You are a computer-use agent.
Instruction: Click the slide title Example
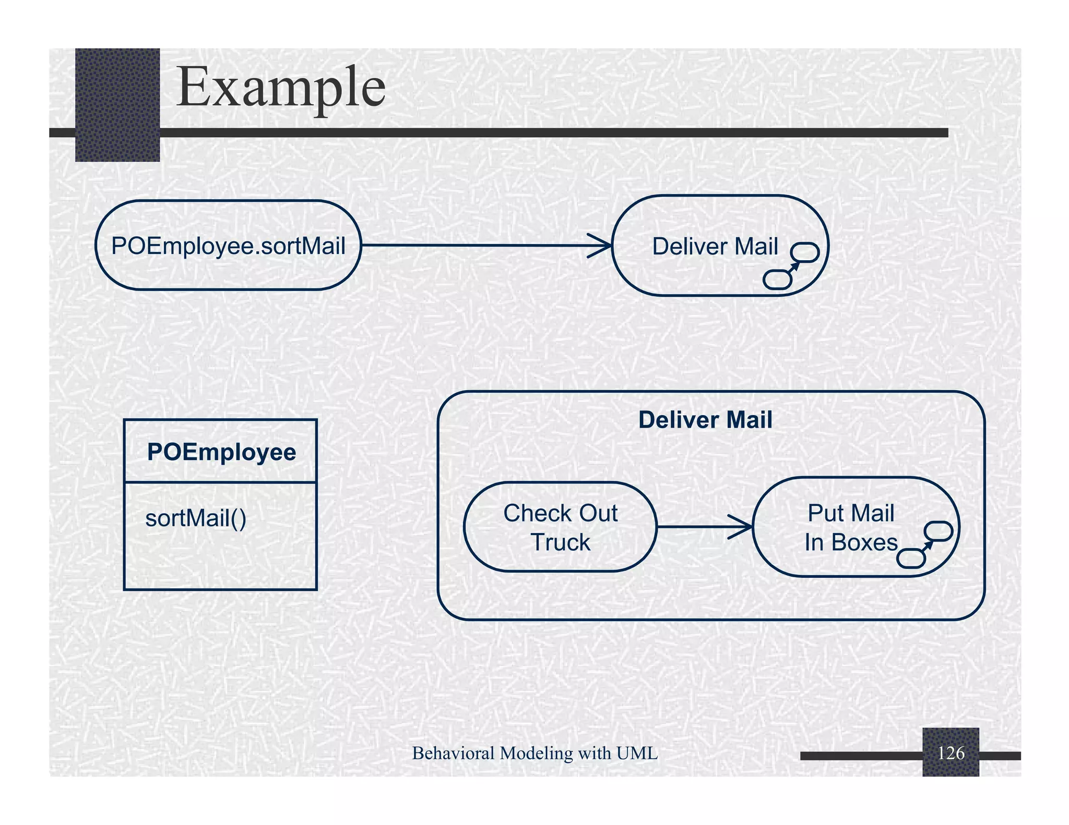(281, 87)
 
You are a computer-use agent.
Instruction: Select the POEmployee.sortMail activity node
(228, 245)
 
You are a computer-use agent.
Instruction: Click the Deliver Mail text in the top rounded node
(715, 246)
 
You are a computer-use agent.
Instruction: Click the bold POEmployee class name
(221, 452)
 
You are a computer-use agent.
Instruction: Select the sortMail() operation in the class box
(196, 518)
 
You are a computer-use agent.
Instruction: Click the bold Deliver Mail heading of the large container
(705, 420)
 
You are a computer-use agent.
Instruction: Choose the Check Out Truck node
(560, 527)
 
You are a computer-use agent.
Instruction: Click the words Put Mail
(851, 513)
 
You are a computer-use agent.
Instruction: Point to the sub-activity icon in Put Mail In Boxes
(924, 544)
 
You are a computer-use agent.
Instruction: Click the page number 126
(951, 753)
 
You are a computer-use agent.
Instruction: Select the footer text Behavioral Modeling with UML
(534, 753)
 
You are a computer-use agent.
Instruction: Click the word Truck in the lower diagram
(560, 542)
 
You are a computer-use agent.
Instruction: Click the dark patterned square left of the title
(117, 104)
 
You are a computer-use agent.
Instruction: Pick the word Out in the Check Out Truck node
(598, 513)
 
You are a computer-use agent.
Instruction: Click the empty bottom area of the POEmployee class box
(220, 563)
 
